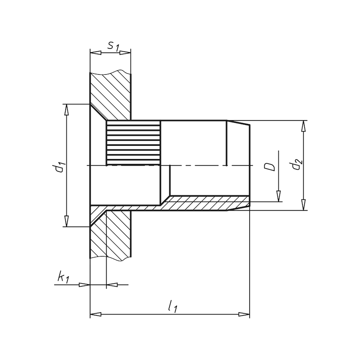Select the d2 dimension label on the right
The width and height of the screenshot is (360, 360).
(296, 165)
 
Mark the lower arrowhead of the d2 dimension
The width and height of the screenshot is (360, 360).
(304, 205)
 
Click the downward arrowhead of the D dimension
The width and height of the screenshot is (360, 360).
(278, 196)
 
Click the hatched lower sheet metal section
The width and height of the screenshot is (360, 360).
(112, 238)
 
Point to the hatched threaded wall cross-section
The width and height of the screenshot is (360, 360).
(202, 204)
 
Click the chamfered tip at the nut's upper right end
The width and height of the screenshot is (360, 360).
(238, 124)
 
